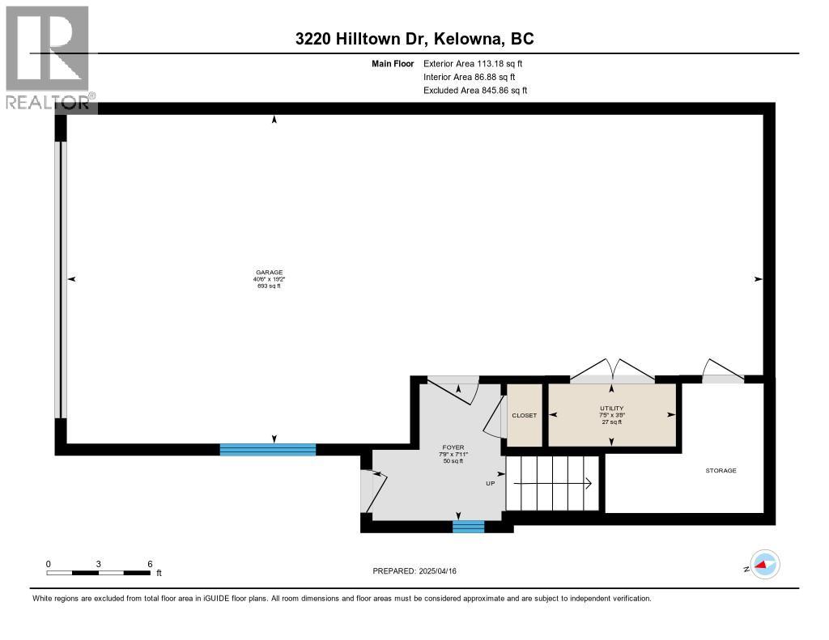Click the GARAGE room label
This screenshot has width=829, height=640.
(x=269, y=273)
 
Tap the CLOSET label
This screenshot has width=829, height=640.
(x=524, y=415)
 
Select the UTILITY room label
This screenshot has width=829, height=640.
(x=611, y=409)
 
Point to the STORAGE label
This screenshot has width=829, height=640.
(x=721, y=470)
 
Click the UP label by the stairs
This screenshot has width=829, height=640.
(x=490, y=483)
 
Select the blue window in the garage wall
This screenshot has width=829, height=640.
(x=268, y=450)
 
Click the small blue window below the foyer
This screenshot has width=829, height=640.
(x=468, y=527)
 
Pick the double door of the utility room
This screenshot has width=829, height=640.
(x=612, y=371)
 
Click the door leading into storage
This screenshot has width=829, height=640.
(x=722, y=371)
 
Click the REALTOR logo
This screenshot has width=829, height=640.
(x=49, y=57)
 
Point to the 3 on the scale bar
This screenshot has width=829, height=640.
(x=99, y=563)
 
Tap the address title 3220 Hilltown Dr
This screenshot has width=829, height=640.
(x=414, y=39)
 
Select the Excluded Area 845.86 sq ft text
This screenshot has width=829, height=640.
(x=475, y=91)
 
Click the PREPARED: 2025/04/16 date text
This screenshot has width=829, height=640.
(x=419, y=571)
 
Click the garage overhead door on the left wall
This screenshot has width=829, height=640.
(x=61, y=279)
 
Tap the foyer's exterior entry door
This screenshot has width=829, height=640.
(x=369, y=490)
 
